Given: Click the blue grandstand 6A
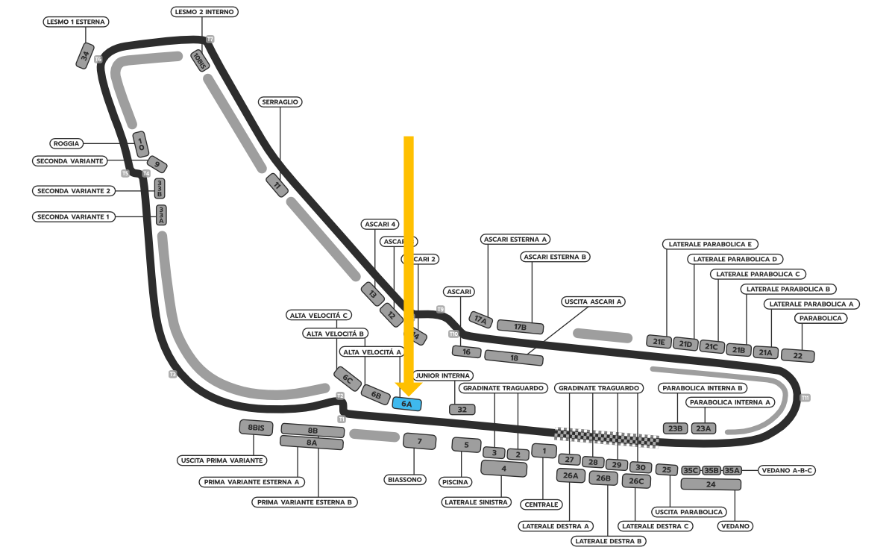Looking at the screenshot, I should (407, 404).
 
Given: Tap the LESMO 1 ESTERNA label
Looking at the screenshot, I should (76, 22).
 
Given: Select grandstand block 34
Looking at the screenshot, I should (86, 56).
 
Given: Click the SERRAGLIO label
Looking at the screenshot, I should (280, 101).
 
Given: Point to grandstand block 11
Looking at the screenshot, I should (277, 184).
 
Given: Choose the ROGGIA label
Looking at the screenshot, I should (66, 143).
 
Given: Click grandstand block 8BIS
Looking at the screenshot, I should (257, 428).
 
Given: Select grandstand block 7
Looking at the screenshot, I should (419, 441).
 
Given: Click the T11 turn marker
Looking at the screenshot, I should (805, 398).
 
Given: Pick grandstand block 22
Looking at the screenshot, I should (797, 355).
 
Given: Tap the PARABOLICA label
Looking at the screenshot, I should (820, 318).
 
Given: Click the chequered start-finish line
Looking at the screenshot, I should (606, 437).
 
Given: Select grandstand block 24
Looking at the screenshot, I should (711, 484).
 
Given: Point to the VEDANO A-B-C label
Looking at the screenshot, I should (787, 470).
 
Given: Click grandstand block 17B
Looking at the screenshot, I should (520, 327).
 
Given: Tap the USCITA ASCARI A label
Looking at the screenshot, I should (594, 302).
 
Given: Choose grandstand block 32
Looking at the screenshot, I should (462, 409).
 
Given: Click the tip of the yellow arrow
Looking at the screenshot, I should (409, 394).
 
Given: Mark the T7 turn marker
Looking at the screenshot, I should (210, 39).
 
